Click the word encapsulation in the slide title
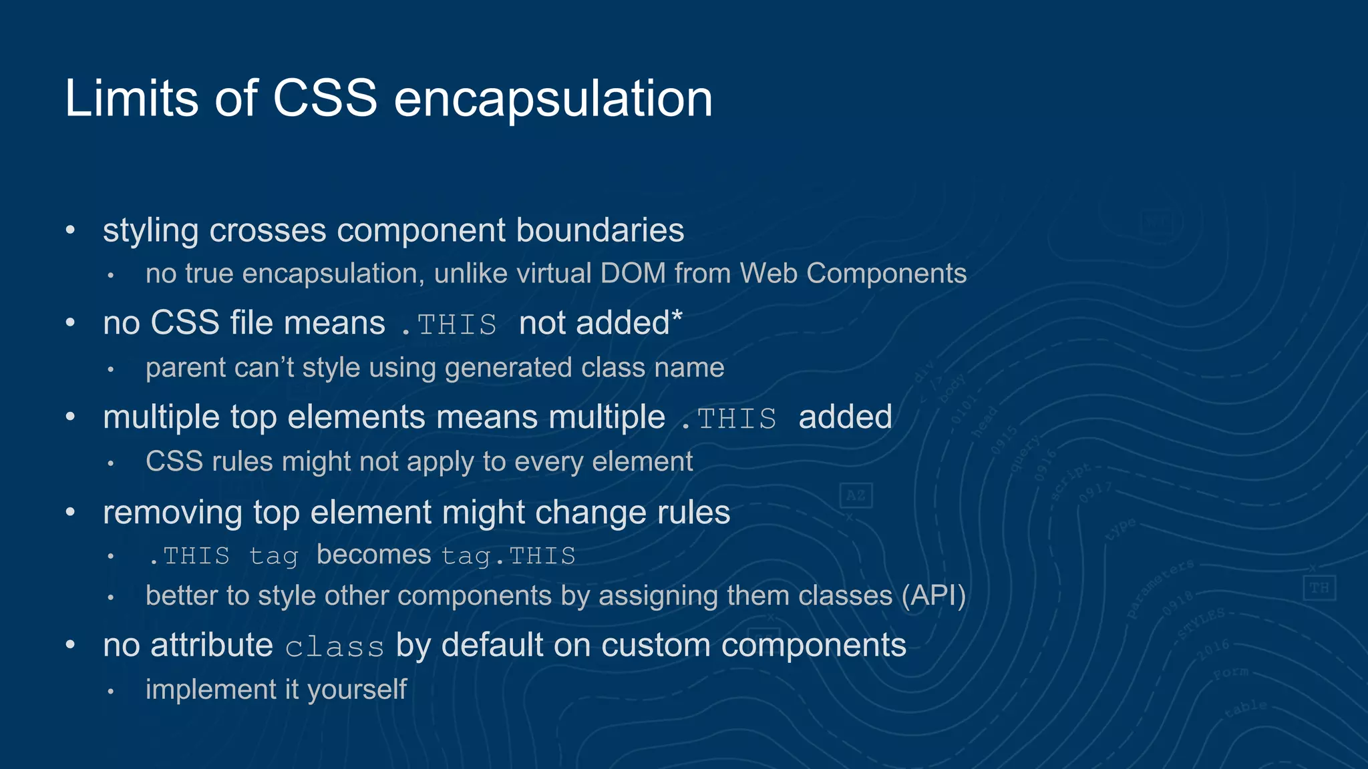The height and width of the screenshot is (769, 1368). pyautogui.click(x=553, y=100)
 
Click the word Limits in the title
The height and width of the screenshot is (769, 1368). pyautogui.click(x=132, y=99)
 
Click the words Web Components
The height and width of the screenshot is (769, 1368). pyautogui.click(x=853, y=274)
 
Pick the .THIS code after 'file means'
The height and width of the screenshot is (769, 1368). pyautogui.click(x=449, y=325)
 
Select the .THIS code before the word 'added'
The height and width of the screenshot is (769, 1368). pyautogui.click(x=729, y=419)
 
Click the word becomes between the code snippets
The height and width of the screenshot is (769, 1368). pyautogui.click(x=373, y=555)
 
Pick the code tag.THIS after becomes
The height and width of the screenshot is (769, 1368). pyautogui.click(x=508, y=556)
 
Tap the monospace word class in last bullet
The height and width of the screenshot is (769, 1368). pyautogui.click(x=335, y=648)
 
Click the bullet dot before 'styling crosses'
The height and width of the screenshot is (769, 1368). pyautogui.click(x=71, y=231)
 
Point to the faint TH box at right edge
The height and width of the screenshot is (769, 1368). pyautogui.click(x=1319, y=588)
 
